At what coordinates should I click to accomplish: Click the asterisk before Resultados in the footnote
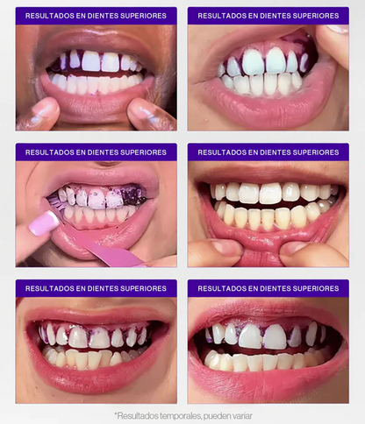pos(116,414)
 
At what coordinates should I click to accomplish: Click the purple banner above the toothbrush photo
pos(96,152)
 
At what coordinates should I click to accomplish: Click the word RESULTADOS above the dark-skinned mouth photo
pos(48,16)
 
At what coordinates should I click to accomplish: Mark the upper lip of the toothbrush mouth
pos(97,179)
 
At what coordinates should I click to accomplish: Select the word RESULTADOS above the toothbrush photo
pos(48,152)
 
